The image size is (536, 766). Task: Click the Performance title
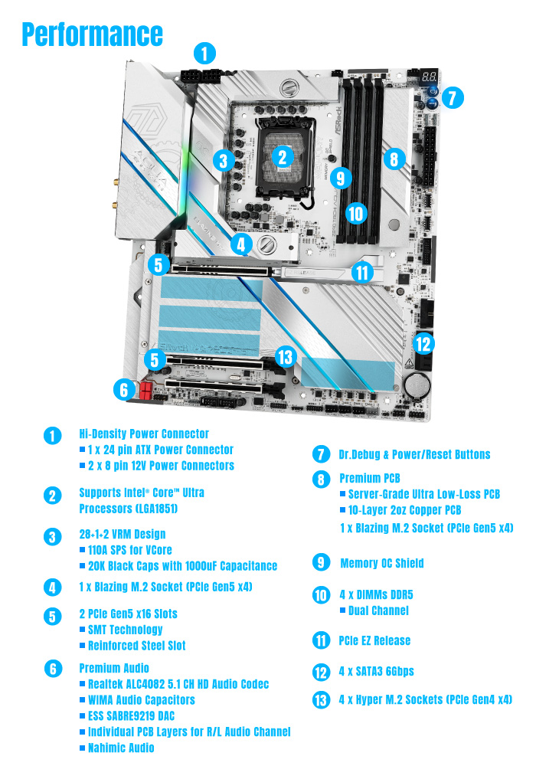pyautogui.click(x=92, y=34)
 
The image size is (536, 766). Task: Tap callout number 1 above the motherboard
pyautogui.click(x=204, y=53)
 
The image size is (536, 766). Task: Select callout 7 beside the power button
pyautogui.click(x=453, y=97)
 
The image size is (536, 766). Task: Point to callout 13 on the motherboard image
pyautogui.click(x=285, y=356)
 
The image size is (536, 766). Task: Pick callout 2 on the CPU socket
pyautogui.click(x=283, y=156)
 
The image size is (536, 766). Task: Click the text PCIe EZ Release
pyautogui.click(x=374, y=640)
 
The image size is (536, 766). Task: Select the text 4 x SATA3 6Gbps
pyautogui.click(x=376, y=671)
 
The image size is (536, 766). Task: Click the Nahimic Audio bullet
pyautogui.click(x=121, y=748)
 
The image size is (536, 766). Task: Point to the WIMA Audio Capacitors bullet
pyautogui.click(x=142, y=699)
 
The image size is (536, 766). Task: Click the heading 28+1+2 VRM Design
pyautogui.click(x=122, y=534)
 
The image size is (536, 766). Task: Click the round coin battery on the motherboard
pyautogui.click(x=417, y=383)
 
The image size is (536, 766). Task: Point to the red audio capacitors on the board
pyautogui.click(x=145, y=390)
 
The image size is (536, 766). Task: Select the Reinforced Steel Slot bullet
pyautogui.click(x=136, y=645)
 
